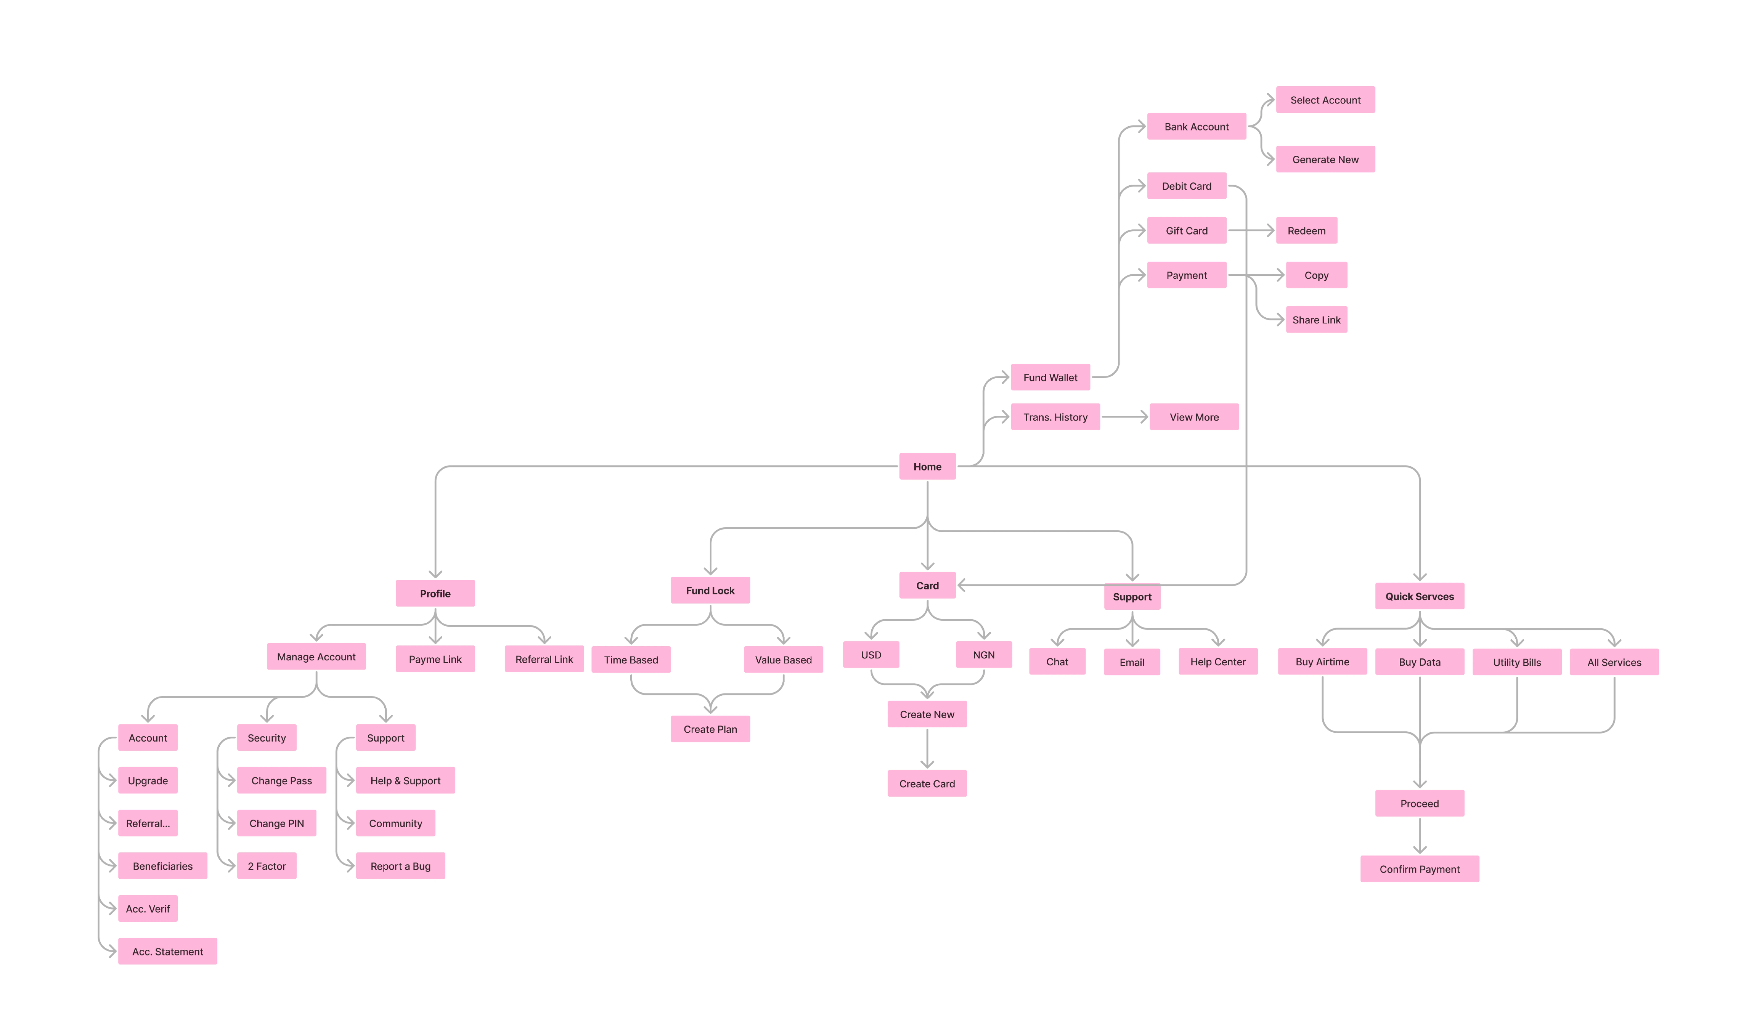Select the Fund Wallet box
pos(1050,377)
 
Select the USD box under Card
pos(871,654)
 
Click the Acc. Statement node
pos(167,951)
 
